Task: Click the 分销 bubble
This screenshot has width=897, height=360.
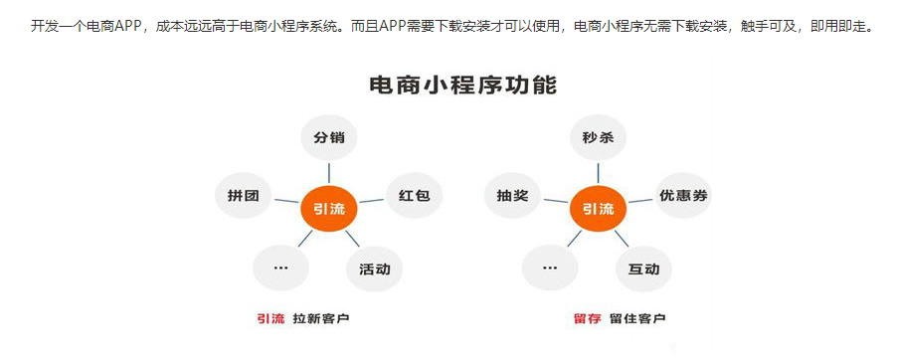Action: [329, 138]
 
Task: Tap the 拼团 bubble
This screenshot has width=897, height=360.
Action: [244, 196]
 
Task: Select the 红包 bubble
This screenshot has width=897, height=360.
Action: [414, 196]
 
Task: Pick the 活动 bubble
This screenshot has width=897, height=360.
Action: [375, 269]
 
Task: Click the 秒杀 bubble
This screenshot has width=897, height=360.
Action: [598, 138]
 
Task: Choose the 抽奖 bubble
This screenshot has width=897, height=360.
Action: [513, 196]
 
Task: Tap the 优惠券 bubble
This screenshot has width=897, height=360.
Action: [683, 196]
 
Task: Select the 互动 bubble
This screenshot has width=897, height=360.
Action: [643, 269]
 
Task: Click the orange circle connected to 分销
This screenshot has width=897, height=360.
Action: [329, 209]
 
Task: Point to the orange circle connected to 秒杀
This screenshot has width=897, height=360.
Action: [598, 209]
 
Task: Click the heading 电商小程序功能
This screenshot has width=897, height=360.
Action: [462, 86]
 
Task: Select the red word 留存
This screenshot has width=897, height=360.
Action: [588, 318]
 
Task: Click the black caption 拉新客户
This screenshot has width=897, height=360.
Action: [321, 318]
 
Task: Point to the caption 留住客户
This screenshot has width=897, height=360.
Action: [638, 318]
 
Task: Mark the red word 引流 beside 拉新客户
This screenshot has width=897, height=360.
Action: [270, 318]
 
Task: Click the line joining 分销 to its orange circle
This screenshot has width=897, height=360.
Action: [329, 171]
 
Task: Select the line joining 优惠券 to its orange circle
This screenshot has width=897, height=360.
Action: [639, 202]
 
